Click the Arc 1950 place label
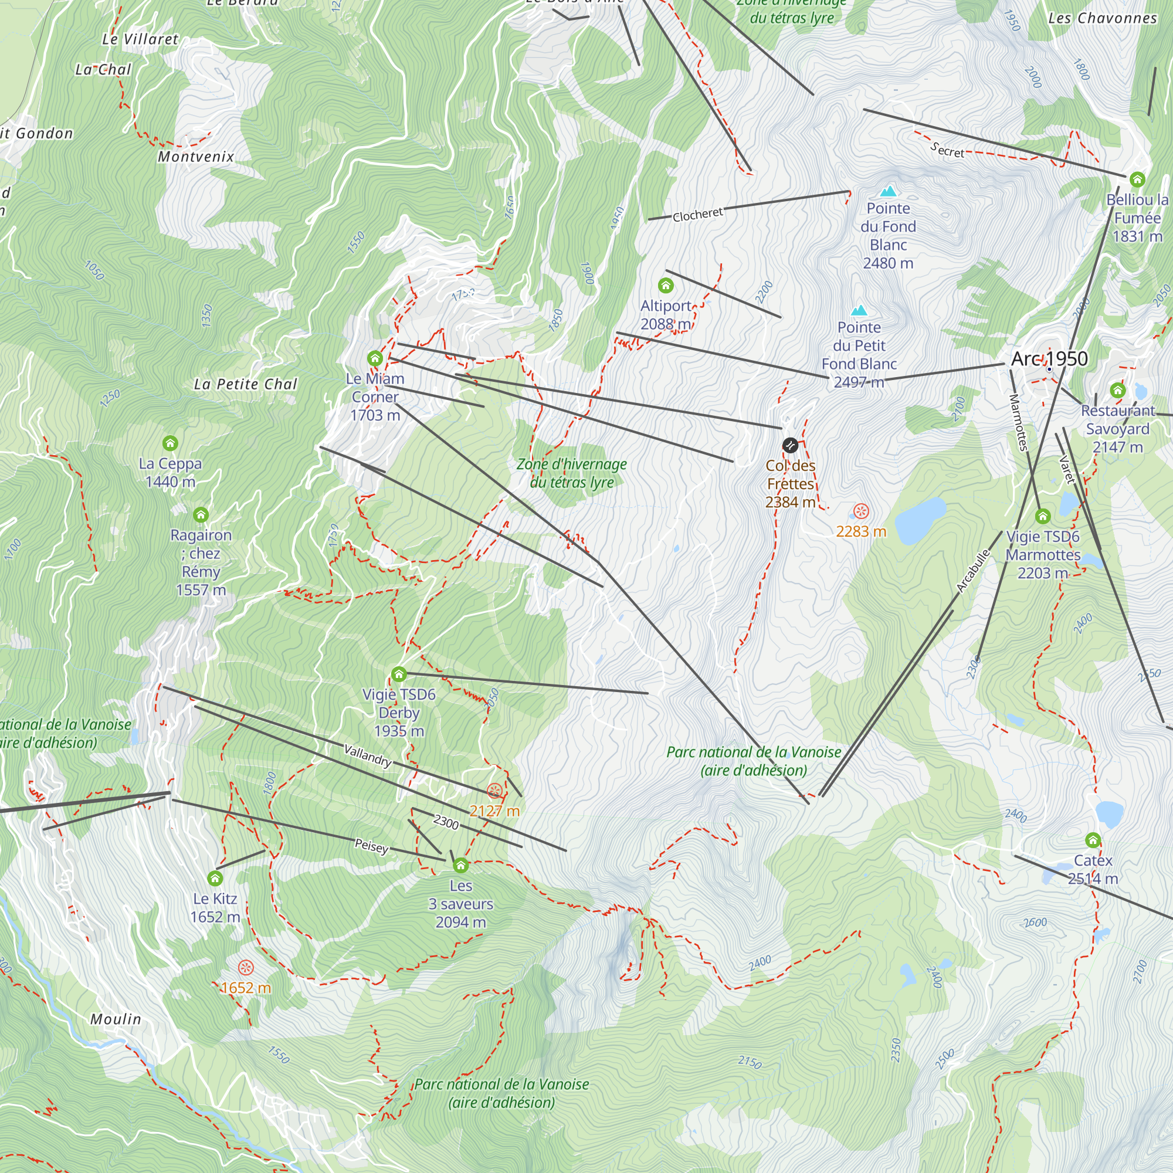click(1049, 359)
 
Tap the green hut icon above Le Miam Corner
click(375, 358)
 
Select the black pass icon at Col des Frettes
click(790, 446)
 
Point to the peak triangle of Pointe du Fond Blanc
click(888, 191)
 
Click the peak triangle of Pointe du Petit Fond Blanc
click(859, 311)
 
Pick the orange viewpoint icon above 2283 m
click(861, 511)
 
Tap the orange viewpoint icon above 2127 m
click(494, 791)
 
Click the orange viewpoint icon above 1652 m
click(245, 968)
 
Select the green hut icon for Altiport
click(666, 286)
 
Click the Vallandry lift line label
click(368, 755)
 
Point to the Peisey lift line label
click(372, 846)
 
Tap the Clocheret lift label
click(697, 214)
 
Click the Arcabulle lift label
click(972, 571)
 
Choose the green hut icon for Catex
click(1093, 840)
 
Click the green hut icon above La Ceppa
click(170, 443)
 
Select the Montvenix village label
click(196, 157)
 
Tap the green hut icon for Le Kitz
click(215, 879)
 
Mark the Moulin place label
click(116, 1019)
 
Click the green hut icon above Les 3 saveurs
click(461, 865)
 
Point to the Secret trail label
click(947, 150)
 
